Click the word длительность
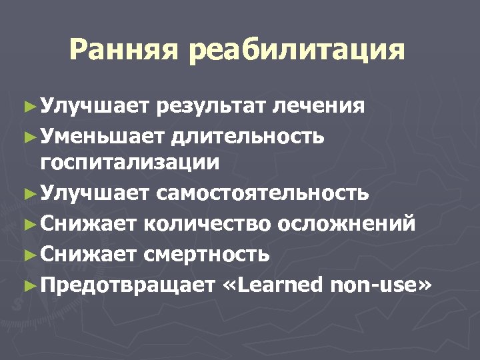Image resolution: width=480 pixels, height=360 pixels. [x=248, y=137]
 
